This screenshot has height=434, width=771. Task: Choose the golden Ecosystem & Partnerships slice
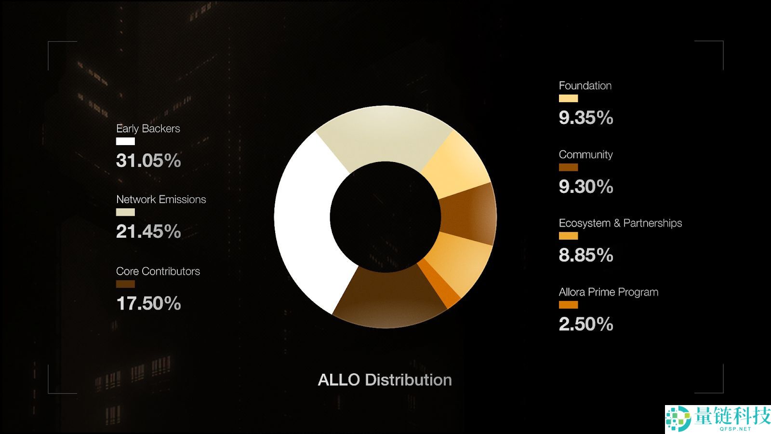tap(460, 260)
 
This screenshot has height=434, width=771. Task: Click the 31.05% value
tap(148, 161)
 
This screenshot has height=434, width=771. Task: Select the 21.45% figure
tap(148, 231)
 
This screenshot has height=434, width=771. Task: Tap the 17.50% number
tap(148, 303)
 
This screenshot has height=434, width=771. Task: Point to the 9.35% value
tap(586, 118)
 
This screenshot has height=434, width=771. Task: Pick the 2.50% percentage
tap(586, 324)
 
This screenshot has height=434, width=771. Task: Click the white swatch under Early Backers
tap(125, 141)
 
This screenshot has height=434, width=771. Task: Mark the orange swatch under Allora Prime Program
tap(568, 305)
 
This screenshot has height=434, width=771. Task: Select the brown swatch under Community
tap(568, 167)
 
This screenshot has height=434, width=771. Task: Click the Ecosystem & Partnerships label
tap(620, 223)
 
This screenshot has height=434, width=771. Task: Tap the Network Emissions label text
tap(161, 200)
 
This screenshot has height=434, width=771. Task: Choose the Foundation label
tap(585, 86)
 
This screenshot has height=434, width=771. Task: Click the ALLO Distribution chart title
tap(385, 380)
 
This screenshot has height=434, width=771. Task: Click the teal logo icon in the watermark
tap(678, 418)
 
